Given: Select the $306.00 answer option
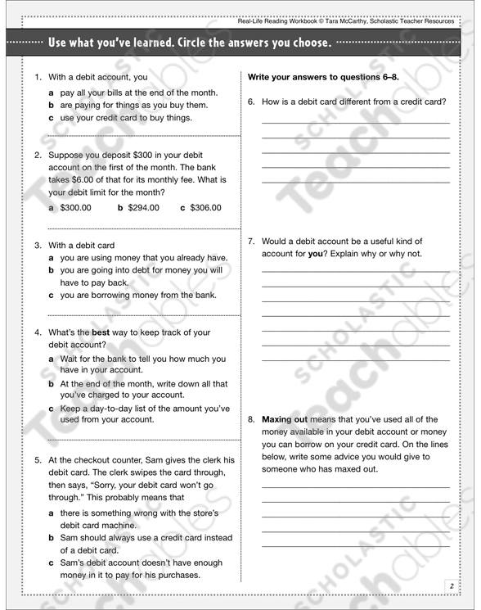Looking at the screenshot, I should point(205,208).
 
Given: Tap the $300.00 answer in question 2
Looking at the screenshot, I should point(76,208).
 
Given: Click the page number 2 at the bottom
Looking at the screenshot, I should point(451,585).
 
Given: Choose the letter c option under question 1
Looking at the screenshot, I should point(51,118).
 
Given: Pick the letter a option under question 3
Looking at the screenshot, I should point(51,257).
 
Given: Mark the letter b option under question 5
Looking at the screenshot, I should point(51,538).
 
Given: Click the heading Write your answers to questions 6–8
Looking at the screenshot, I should point(323,77).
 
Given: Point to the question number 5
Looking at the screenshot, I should point(38,460).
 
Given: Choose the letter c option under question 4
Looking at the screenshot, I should point(51,408).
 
